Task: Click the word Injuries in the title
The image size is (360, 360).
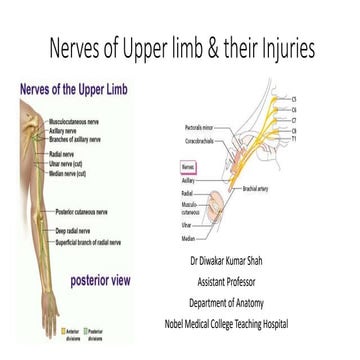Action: pos(284,48)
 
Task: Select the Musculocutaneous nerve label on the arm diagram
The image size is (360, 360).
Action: pos(74,121)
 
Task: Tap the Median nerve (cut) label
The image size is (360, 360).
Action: pos(68,174)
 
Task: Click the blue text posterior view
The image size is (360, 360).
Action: pos(100,280)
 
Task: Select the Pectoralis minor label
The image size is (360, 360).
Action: pos(200,129)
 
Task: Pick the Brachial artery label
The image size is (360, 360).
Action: pos(256,187)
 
